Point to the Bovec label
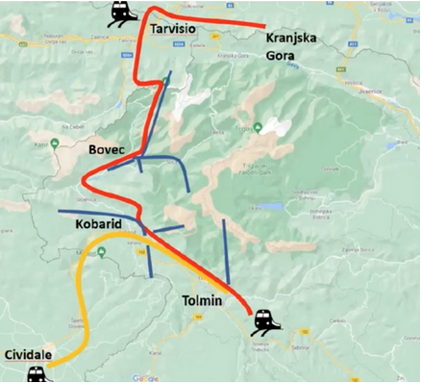107,150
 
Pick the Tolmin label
202,301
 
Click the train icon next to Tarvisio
120,13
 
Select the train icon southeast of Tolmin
266,319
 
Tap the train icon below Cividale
37,373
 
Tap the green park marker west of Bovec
56,145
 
